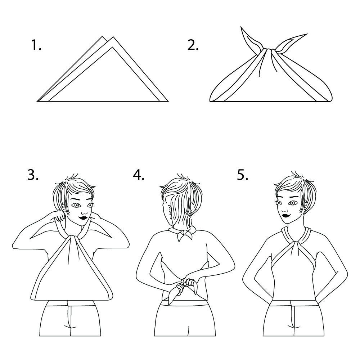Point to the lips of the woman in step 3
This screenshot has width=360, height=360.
pos(83,217)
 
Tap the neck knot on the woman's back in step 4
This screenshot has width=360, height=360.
pos(185,234)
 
